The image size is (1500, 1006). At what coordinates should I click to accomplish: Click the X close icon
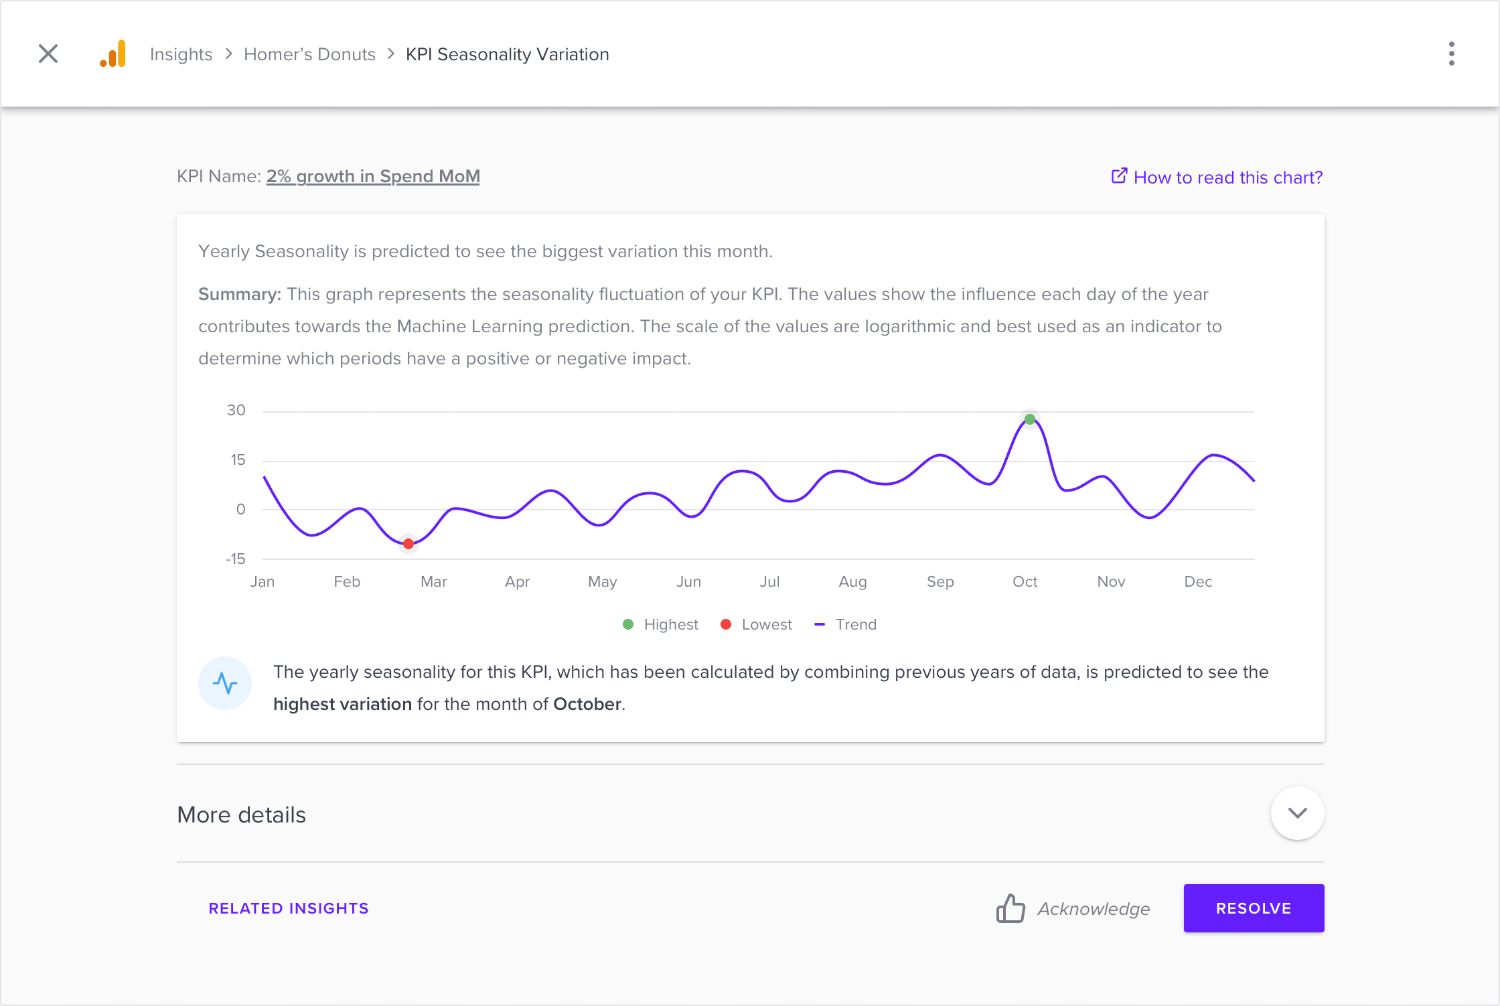click(x=48, y=54)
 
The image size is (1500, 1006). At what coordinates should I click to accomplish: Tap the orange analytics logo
click(x=113, y=54)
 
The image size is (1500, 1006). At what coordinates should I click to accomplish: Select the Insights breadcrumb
click(x=181, y=54)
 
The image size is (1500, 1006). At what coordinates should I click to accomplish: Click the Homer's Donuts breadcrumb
click(x=309, y=54)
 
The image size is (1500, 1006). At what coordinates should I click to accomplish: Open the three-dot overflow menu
click(x=1451, y=54)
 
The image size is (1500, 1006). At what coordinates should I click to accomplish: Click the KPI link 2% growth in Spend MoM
click(x=373, y=176)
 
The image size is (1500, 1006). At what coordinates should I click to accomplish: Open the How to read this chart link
click(x=1217, y=177)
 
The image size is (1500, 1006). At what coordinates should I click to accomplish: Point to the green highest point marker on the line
click(x=1030, y=419)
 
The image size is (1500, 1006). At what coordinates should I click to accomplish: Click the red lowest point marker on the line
click(x=408, y=544)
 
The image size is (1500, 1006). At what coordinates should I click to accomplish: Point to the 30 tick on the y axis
click(x=236, y=410)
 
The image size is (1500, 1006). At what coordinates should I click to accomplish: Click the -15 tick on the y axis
click(x=236, y=559)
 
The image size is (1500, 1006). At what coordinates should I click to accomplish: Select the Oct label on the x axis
click(x=1025, y=581)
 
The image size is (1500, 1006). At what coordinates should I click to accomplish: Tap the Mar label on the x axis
click(x=433, y=581)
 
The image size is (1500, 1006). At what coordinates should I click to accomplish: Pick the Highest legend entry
click(x=661, y=624)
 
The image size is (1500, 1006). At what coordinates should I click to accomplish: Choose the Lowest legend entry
click(x=757, y=624)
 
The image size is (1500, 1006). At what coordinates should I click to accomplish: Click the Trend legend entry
click(x=846, y=624)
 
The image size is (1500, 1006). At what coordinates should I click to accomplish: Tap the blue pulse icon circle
click(x=225, y=683)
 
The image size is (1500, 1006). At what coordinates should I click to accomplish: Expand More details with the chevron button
click(x=1297, y=813)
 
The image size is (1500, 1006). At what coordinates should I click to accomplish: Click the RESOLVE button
click(x=1254, y=908)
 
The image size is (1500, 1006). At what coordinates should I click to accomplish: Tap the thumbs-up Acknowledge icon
click(x=1010, y=909)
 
